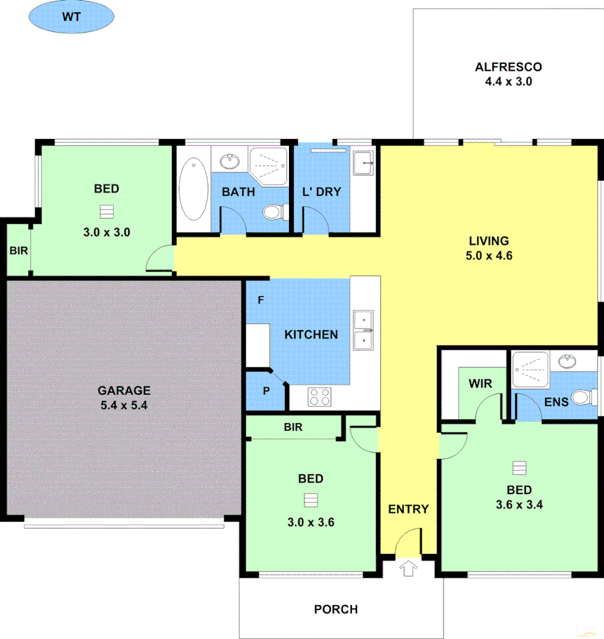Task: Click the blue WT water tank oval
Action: (x=71, y=17)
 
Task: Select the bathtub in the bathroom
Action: (x=194, y=188)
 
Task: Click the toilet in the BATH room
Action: (x=275, y=211)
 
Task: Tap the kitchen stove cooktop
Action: (x=320, y=396)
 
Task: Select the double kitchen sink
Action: (x=362, y=330)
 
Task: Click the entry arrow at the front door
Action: (x=407, y=569)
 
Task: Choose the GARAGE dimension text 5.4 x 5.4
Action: (x=124, y=405)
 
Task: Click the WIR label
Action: (x=480, y=383)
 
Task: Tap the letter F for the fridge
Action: (x=259, y=300)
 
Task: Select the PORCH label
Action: (x=336, y=609)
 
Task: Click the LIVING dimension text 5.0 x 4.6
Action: (x=489, y=256)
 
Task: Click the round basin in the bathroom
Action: (x=229, y=161)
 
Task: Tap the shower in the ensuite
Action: (x=531, y=370)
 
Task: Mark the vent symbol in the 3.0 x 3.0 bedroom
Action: (x=107, y=211)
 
